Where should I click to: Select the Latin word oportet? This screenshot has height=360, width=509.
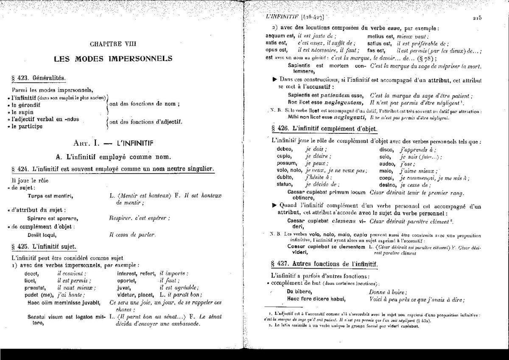click(128, 281)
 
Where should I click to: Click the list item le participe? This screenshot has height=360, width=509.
click(27, 126)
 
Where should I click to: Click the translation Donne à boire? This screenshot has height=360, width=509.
click(389, 292)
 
